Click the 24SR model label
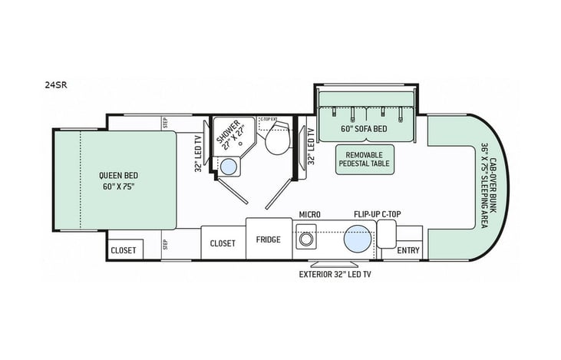[56, 86]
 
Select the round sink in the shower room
[228, 165]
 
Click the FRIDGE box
[269, 239]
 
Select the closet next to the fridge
[223, 243]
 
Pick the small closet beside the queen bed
[123, 250]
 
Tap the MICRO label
[310, 213]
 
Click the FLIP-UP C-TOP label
[375, 213]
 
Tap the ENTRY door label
[409, 251]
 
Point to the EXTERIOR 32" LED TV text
[335, 274]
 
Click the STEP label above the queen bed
[165, 121]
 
